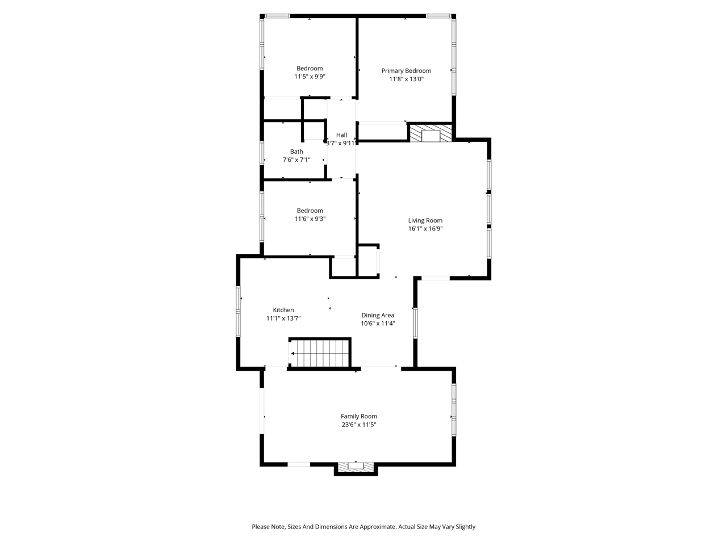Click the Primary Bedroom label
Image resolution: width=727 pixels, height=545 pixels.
point(406,71)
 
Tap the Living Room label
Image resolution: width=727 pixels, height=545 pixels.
point(425,221)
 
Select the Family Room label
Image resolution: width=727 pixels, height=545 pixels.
point(358,416)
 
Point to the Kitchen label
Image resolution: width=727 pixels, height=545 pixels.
point(283,310)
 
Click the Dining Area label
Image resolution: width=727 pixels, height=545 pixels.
point(378,316)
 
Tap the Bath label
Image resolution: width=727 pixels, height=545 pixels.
point(296,152)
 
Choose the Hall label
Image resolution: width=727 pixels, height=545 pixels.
point(341,135)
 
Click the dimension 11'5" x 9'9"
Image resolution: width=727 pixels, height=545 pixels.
point(310,77)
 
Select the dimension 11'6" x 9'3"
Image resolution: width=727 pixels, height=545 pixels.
point(310,219)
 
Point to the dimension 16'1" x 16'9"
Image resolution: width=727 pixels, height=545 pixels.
point(425,229)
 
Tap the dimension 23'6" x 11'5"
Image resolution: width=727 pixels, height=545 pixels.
point(358,425)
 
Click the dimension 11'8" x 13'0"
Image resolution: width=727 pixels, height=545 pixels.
point(406,79)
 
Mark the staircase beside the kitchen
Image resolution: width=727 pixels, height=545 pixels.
point(320,353)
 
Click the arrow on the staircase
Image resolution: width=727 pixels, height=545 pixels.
point(293,354)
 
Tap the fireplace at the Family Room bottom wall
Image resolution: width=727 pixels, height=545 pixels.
point(356,467)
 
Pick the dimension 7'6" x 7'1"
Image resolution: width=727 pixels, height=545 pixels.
point(296,160)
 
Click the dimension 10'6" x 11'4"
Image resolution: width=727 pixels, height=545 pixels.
point(378,324)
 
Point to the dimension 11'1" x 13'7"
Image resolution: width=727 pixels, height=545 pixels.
point(283,318)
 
